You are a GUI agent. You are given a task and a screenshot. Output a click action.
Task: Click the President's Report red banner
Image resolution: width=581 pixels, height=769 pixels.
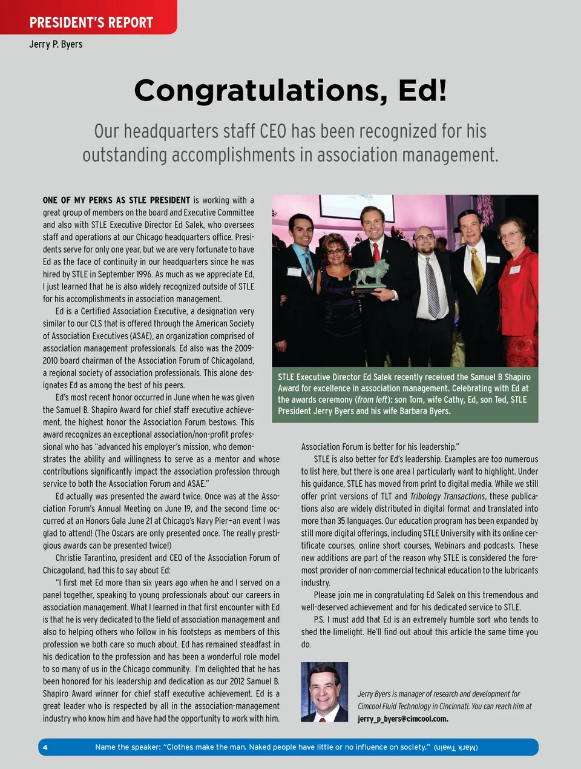[x=91, y=22]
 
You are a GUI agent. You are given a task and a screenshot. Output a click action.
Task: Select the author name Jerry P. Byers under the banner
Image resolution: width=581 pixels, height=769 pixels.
[x=56, y=44]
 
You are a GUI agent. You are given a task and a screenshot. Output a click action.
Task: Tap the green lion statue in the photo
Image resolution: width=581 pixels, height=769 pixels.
[x=370, y=274]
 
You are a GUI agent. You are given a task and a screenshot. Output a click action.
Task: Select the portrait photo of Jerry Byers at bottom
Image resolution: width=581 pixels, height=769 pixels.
[x=324, y=691]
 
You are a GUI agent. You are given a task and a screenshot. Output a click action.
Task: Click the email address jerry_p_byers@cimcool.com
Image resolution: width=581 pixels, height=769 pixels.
[x=402, y=719]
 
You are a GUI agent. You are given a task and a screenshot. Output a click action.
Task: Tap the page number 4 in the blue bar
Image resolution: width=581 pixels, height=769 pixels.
[x=45, y=747]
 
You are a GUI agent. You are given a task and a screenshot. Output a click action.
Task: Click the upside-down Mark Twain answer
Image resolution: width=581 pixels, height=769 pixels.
[x=456, y=747]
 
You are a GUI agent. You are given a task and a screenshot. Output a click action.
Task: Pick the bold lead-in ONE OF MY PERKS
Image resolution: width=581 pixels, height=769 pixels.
[x=116, y=200]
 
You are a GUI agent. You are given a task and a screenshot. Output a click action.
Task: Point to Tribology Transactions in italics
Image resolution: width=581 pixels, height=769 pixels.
[x=447, y=497]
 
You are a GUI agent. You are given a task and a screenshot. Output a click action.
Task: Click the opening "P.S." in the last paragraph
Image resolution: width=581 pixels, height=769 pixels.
[x=319, y=620]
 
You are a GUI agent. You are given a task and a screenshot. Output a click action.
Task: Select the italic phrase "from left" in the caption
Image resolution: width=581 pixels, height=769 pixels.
[x=373, y=400]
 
